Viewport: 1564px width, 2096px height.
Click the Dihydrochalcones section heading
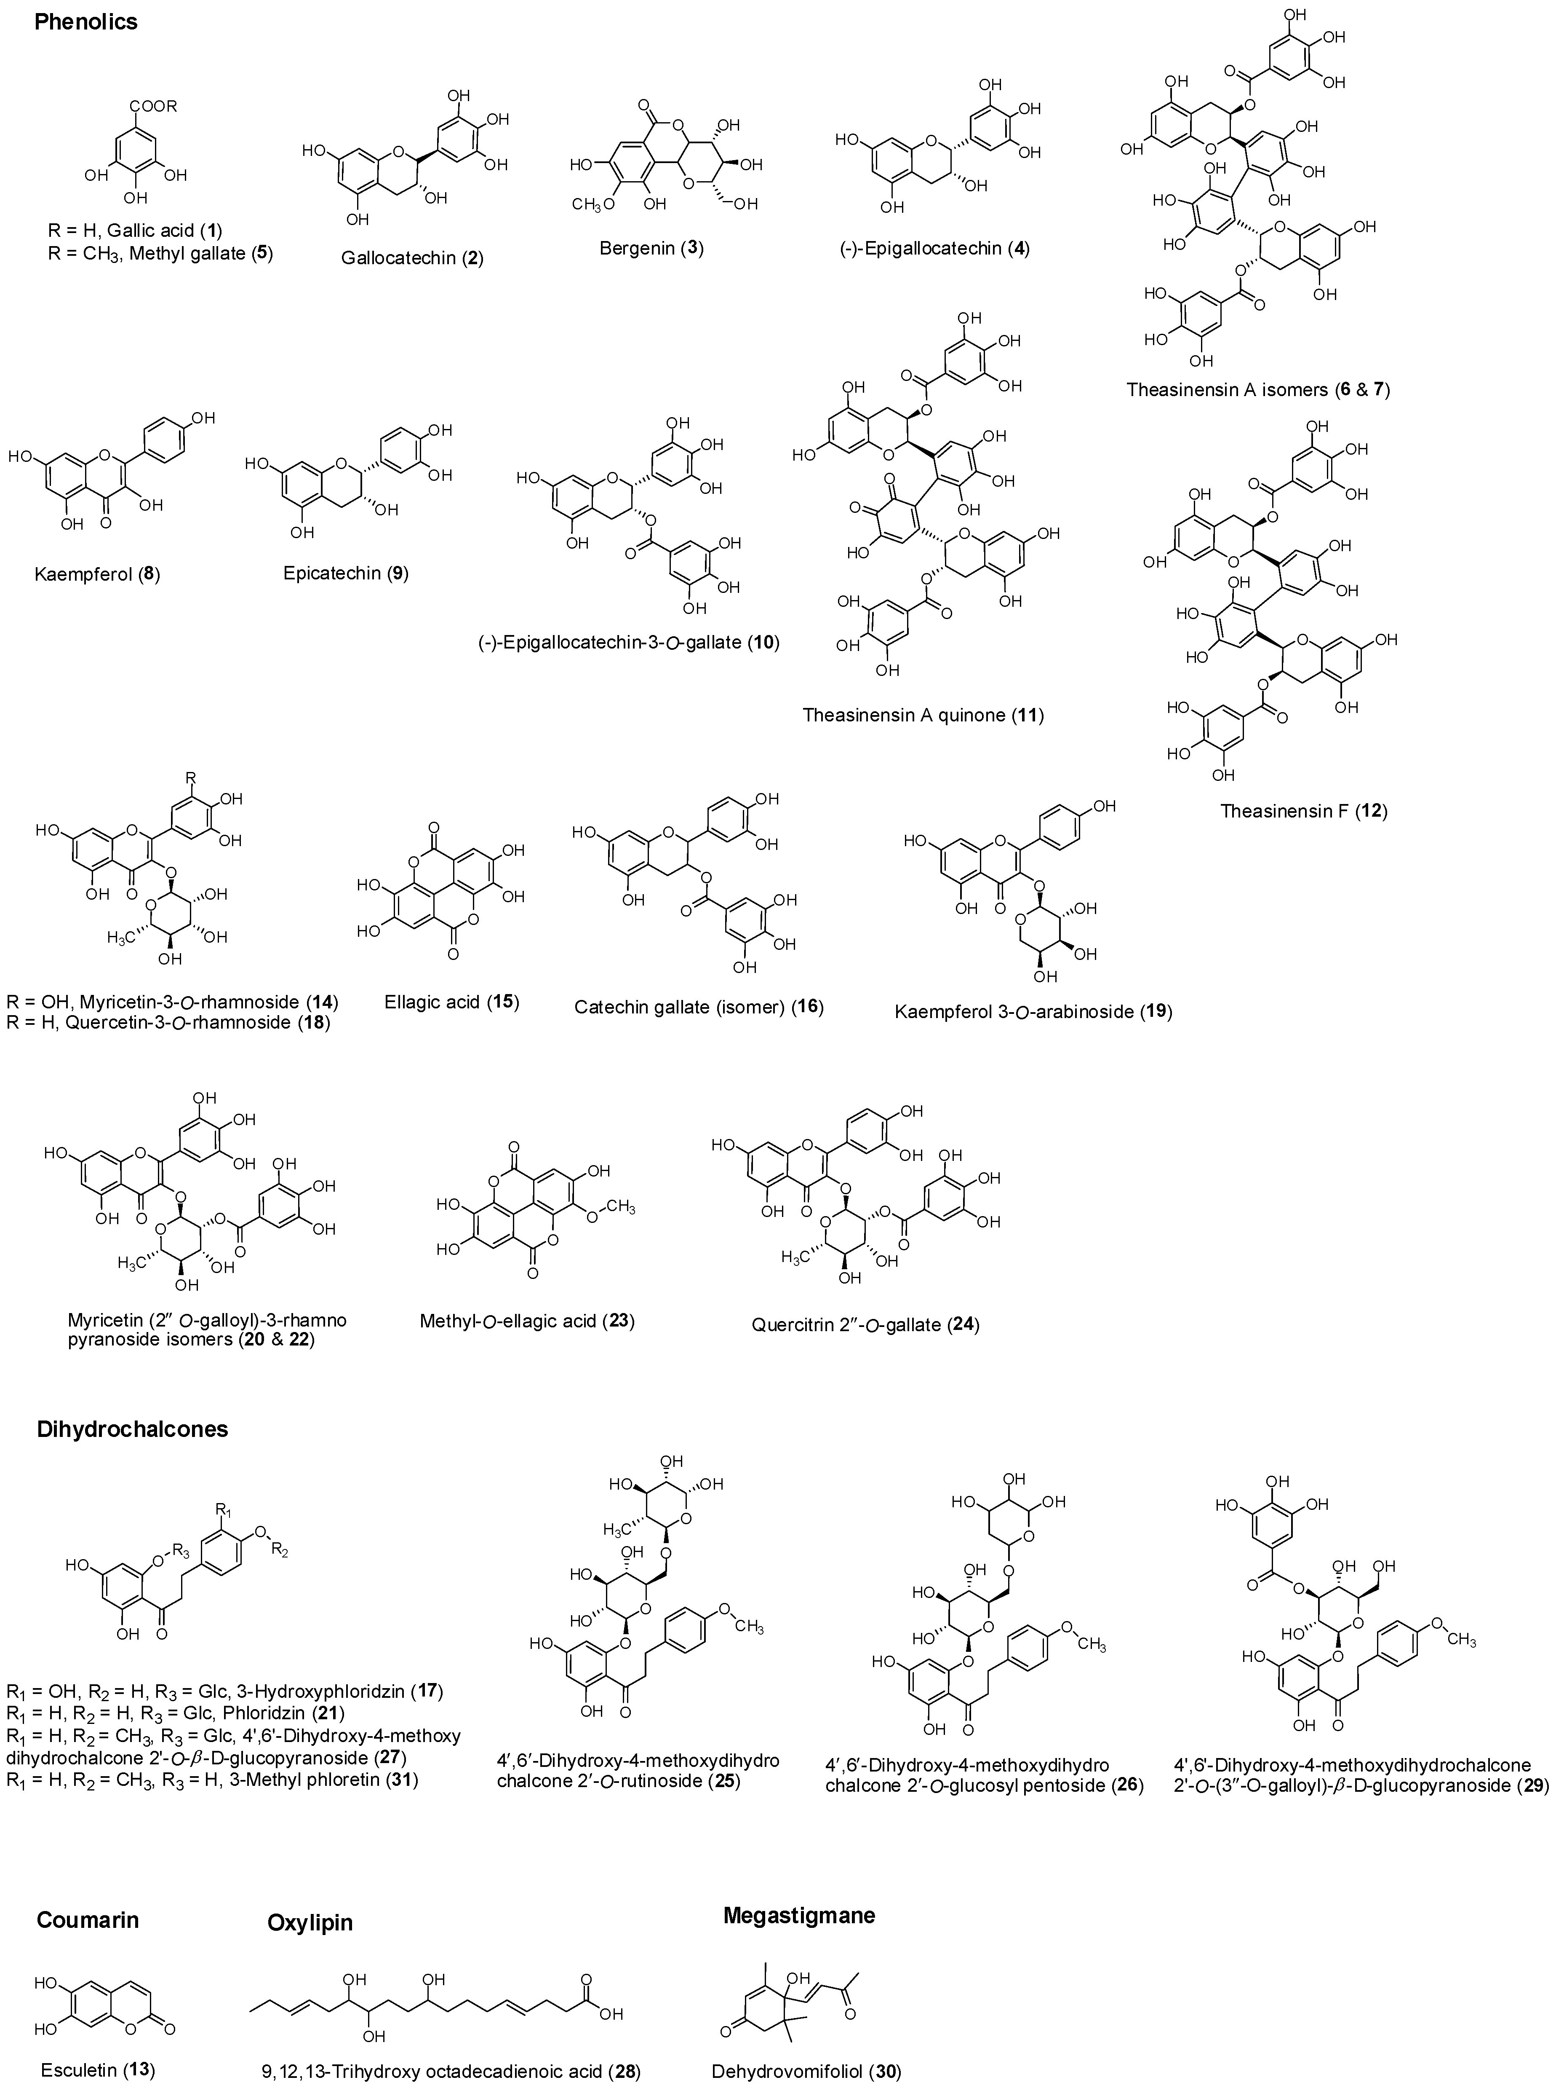pyautogui.click(x=133, y=1429)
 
